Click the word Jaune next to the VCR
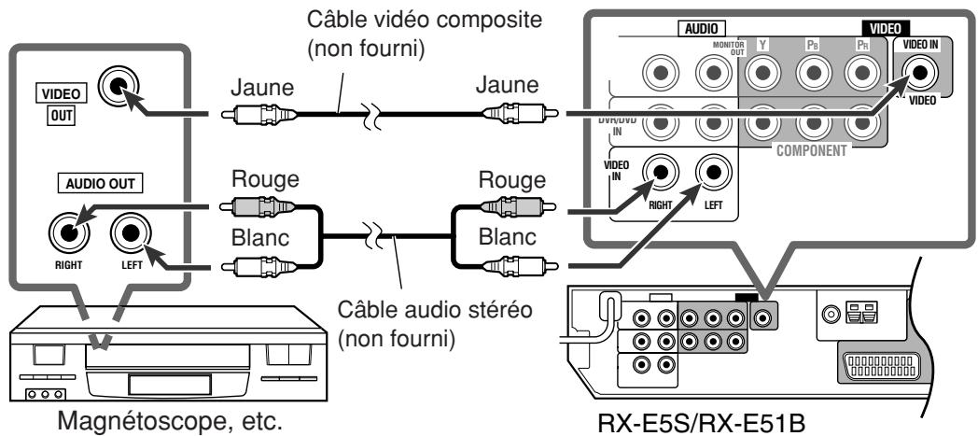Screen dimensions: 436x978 click(263, 88)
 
